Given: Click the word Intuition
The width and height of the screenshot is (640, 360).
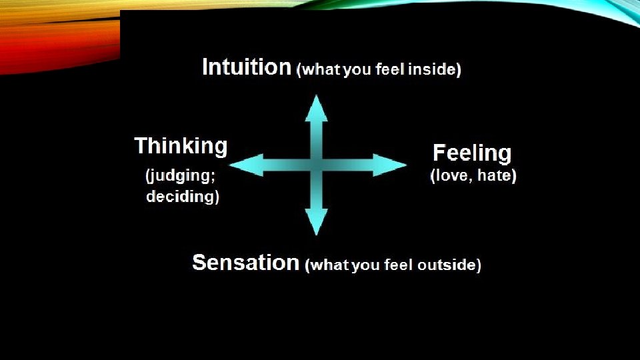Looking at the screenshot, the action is point(247,67).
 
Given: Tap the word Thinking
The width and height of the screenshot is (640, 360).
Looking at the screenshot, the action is point(181,146).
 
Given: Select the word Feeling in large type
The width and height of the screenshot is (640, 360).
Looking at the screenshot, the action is point(472,153).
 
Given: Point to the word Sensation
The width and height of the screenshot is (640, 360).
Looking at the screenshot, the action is point(245,263).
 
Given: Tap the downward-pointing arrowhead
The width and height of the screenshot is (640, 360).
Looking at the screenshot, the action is point(316,221).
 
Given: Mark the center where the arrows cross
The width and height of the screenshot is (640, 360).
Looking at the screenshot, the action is point(316,165).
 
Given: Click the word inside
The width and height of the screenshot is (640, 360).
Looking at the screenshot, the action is point(435,70).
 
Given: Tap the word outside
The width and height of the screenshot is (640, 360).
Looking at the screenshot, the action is point(449,265).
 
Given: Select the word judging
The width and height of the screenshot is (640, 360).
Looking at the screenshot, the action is point(181,177).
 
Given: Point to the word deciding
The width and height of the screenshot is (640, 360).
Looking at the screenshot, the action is point(182,197).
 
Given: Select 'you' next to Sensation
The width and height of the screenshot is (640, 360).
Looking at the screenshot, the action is point(365,265).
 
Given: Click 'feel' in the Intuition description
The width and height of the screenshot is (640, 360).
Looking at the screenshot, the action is point(390,70).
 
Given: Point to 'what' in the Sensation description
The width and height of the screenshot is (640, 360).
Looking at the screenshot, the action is point(329,265).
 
